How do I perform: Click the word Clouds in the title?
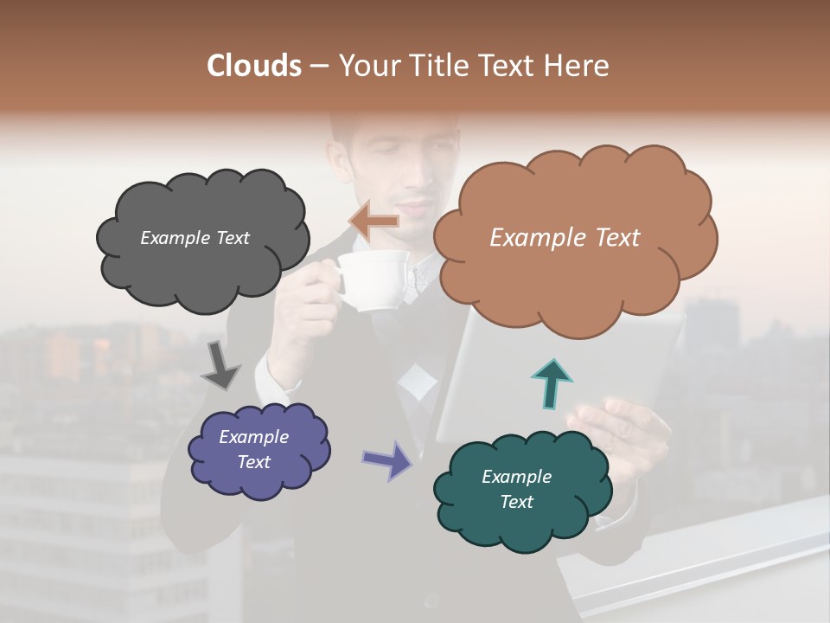coord(254,66)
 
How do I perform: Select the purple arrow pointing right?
coord(387,460)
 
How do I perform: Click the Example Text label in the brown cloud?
coord(565,238)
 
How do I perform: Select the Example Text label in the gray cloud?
coord(195,238)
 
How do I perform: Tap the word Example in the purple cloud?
coord(253,437)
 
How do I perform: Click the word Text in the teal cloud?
coord(516,502)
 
